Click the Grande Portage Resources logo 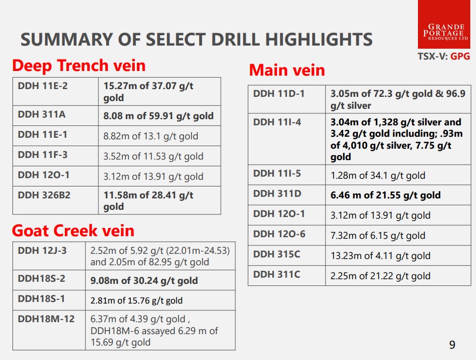(444, 24)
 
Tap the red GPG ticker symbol (460, 56)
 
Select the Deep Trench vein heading (79, 65)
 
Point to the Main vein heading (287, 70)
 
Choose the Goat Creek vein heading (73, 231)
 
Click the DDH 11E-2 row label (43, 86)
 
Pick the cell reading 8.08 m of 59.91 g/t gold (159, 116)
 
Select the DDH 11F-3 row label (43, 155)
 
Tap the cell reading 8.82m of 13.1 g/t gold (151, 136)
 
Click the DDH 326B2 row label (44, 195)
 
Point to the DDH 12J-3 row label (42, 251)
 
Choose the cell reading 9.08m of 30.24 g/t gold (144, 281)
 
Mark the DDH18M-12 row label (46, 319)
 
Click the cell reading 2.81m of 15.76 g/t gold (136, 300)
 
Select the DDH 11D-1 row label (278, 94)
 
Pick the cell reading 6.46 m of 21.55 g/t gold (386, 195)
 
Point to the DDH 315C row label (276, 254)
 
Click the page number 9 (452, 345)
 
